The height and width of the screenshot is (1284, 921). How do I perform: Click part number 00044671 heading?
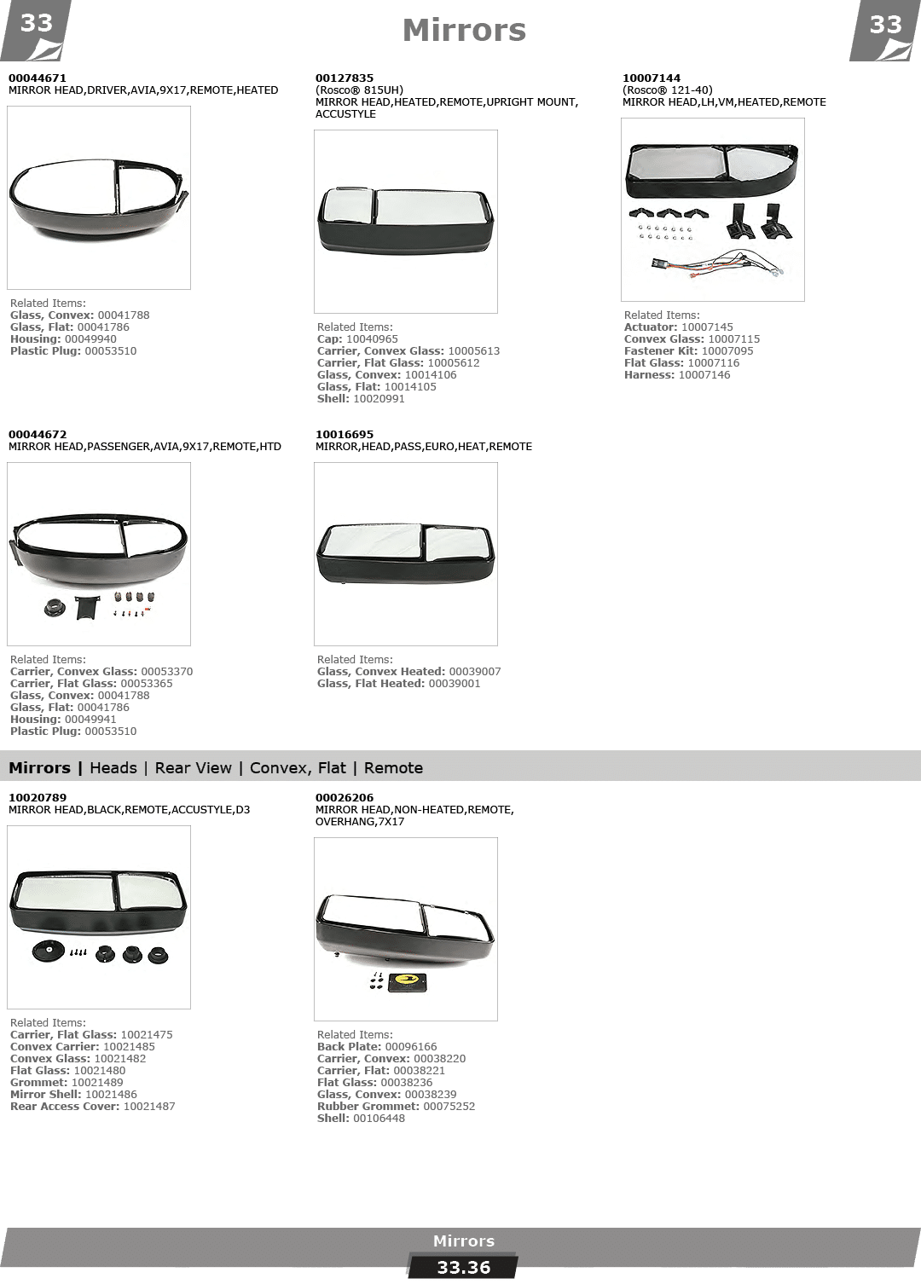pyautogui.click(x=38, y=78)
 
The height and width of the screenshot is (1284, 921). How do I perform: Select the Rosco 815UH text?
pyautogui.click(x=360, y=90)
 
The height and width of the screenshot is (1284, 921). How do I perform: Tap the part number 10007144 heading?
pyautogui.click(x=652, y=78)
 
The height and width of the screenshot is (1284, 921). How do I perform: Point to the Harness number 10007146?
pyautogui.click(x=704, y=375)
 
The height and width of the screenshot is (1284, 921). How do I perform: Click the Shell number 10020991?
pyautogui.click(x=379, y=399)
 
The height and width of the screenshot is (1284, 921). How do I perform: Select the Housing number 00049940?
pyautogui.click(x=90, y=339)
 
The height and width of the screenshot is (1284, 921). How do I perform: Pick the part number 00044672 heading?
pyautogui.click(x=38, y=435)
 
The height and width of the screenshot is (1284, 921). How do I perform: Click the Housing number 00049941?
pyautogui.click(x=90, y=720)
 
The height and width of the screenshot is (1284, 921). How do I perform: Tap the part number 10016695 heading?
pyautogui.click(x=344, y=435)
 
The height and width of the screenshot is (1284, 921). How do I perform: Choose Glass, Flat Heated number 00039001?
pyautogui.click(x=455, y=684)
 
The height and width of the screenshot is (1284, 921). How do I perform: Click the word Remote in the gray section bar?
pyautogui.click(x=393, y=768)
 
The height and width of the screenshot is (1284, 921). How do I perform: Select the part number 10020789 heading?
pyautogui.click(x=38, y=798)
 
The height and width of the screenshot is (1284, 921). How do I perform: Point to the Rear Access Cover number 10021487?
pyautogui.click(x=149, y=1107)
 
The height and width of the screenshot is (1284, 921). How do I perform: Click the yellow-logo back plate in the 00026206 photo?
pyautogui.click(x=408, y=982)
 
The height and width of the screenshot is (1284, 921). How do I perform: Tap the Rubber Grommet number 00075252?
pyautogui.click(x=449, y=1107)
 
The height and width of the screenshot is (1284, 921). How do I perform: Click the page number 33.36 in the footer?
pyautogui.click(x=463, y=1268)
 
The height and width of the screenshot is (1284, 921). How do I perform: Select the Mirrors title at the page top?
pyautogui.click(x=464, y=30)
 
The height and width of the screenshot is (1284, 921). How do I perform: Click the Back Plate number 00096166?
pyautogui.click(x=410, y=1047)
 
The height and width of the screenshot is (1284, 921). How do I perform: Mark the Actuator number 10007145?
pyautogui.click(x=707, y=327)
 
